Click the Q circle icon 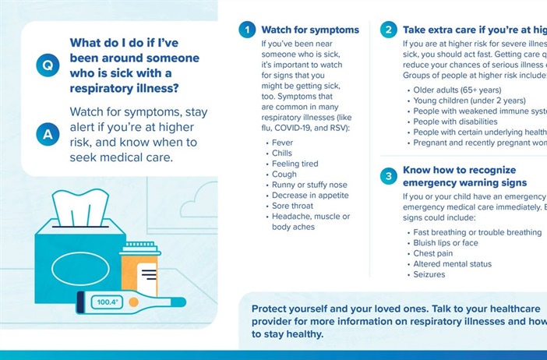pos(48,66)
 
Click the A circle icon pos(48,133)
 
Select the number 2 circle pos(388,30)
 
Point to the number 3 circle pos(388,176)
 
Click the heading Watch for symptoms pos(310,30)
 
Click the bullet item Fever pos(282,143)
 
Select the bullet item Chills pos(283,154)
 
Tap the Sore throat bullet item pos(293,206)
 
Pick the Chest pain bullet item pos(432,253)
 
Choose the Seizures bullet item pos(429,274)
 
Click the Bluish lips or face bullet pos(446,243)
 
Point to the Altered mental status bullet pos(452,264)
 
